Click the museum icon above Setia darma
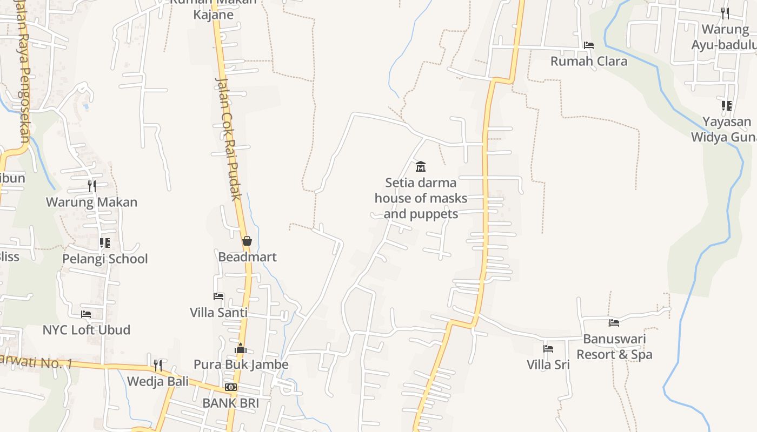tap(420, 166)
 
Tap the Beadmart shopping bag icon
tap(247, 241)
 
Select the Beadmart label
tap(247, 257)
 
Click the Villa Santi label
tap(218, 312)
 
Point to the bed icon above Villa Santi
tap(218, 296)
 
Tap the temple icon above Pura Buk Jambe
tap(241, 348)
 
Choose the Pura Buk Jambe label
tap(241, 364)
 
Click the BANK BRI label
tap(230, 403)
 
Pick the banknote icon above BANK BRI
tap(231, 387)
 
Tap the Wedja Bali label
tap(157, 381)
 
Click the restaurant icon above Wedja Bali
tap(157, 366)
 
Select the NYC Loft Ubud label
tap(87, 329)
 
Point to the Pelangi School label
tap(105, 259)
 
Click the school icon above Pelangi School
tap(104, 243)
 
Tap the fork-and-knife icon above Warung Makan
tap(92, 186)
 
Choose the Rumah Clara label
tap(589, 61)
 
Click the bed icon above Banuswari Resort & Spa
tap(614, 323)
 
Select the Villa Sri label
tap(548, 364)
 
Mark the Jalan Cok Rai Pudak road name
tap(228, 139)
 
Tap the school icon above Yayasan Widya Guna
tap(726, 105)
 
